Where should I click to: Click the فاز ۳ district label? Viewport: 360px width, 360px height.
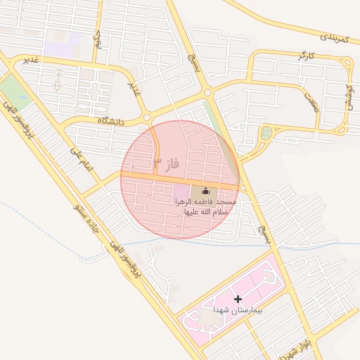pyautogui.click(x=167, y=166)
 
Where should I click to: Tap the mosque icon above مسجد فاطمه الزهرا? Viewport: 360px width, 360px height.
pyautogui.click(x=206, y=191)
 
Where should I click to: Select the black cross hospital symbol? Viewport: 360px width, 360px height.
pyautogui.click(x=238, y=299)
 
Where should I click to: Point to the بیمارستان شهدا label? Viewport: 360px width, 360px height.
pyautogui.click(x=238, y=310)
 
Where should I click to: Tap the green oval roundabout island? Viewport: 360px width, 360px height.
pyautogui.click(x=266, y=133)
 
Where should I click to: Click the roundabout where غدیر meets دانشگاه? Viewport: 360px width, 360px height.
pyautogui.click(x=147, y=117)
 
